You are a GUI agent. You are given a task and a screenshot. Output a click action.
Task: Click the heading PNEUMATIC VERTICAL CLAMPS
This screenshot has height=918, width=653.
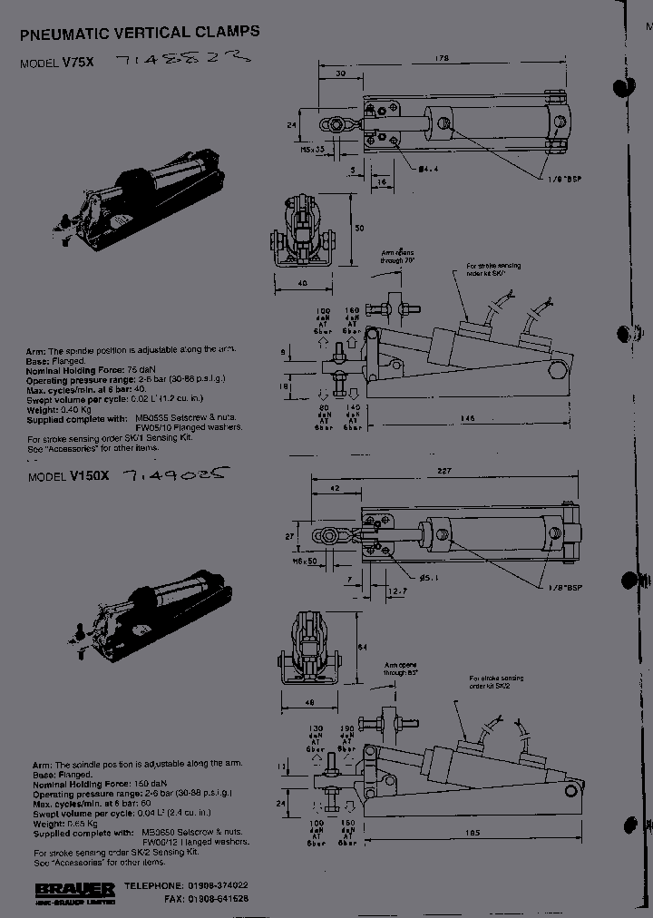click(x=140, y=33)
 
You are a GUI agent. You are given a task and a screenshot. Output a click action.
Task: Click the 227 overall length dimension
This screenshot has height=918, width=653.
click(x=443, y=470)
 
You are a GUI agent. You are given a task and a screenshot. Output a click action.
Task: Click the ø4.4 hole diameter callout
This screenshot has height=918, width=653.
click(x=429, y=168)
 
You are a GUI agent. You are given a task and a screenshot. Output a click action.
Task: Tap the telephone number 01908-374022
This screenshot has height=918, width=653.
click(x=218, y=884)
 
